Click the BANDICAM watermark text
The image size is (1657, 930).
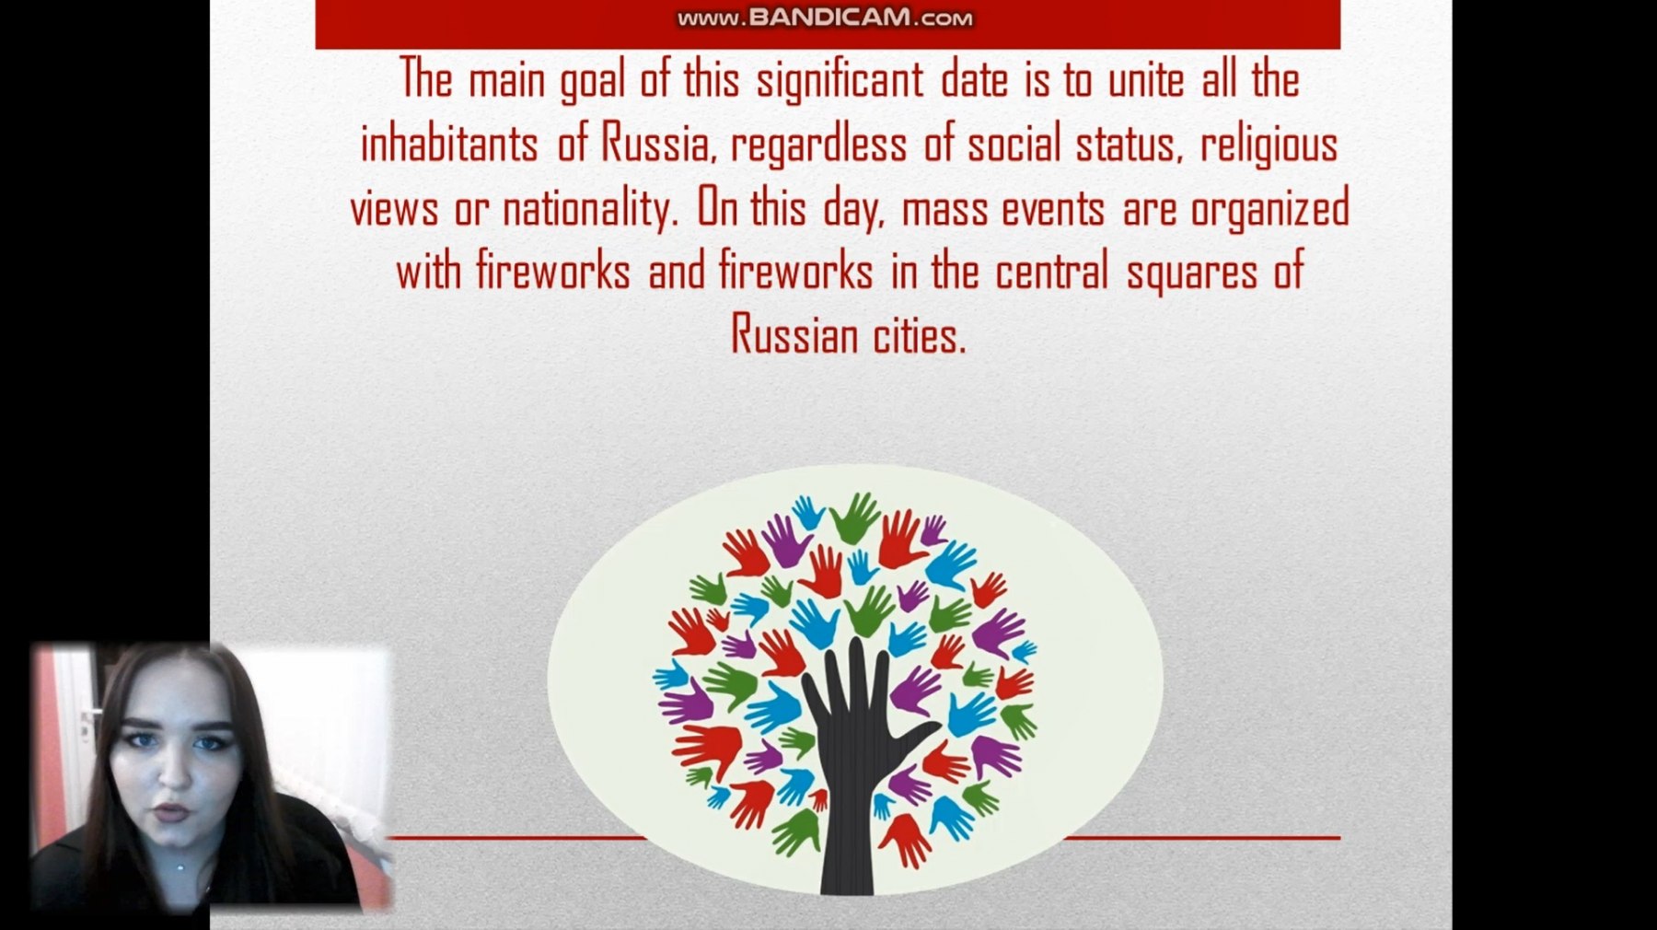[825, 17]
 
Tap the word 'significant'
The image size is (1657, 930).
[839, 80]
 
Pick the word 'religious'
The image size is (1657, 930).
[1269, 145]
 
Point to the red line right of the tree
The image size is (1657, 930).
[1201, 838]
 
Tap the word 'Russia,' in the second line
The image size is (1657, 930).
[659, 145]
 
